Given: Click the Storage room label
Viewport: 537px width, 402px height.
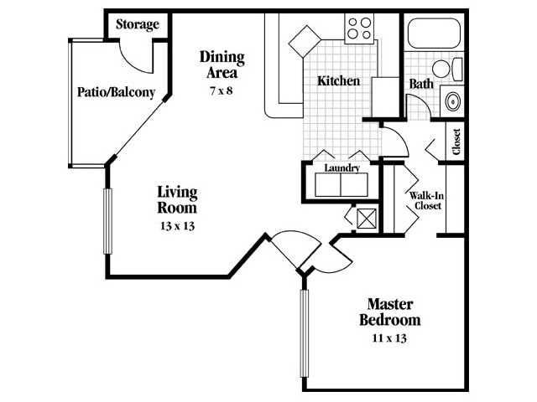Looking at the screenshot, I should tap(137, 24).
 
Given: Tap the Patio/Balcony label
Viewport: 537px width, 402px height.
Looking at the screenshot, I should tap(116, 92).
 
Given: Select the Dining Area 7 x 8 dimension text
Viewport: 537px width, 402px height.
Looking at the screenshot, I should tap(221, 90).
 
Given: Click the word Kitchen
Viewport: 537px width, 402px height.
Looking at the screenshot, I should tap(338, 81).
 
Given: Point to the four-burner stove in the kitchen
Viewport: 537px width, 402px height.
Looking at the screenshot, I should tap(359, 29).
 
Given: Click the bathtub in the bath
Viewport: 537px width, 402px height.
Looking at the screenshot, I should tap(433, 33).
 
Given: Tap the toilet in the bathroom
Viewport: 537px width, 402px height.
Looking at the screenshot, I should tap(446, 69).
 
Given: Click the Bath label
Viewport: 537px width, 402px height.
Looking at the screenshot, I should tap(420, 84).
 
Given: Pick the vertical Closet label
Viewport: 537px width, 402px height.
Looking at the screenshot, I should tap(456, 141).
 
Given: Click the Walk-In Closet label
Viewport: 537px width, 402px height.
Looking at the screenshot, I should tap(425, 201).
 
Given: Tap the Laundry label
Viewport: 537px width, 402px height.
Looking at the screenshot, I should tap(341, 168).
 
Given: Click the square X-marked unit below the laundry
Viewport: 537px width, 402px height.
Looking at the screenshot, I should tap(366, 219).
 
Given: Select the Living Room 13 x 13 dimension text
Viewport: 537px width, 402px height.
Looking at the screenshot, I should tap(177, 226).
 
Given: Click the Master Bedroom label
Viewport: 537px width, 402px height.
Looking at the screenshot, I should tap(389, 312).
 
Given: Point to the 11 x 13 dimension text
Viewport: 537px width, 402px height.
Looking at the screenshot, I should tap(389, 339).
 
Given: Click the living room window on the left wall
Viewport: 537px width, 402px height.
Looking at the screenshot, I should tap(107, 221).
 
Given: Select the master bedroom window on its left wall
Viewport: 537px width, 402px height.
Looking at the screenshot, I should tap(304, 335).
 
